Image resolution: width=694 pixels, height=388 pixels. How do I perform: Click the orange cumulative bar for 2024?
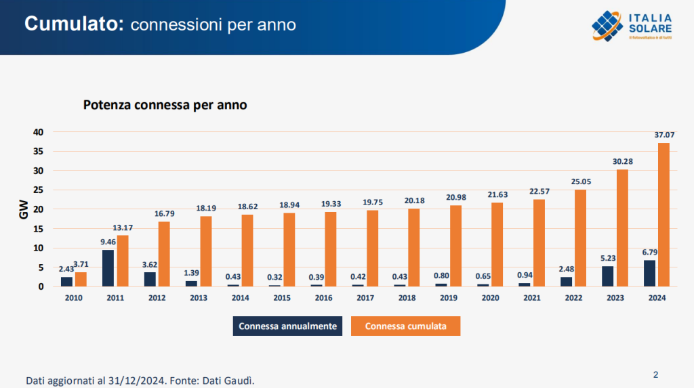664,214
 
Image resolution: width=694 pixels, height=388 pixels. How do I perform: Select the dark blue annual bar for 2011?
108,268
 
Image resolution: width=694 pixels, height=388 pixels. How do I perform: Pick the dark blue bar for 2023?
607,276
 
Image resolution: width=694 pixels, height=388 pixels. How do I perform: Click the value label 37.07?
664,135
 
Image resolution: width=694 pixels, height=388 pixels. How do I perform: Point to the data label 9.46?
108,242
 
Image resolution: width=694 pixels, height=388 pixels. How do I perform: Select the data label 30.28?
622,161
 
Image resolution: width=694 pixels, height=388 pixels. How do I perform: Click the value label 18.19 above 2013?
205,208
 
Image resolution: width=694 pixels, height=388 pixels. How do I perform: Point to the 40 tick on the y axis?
39,132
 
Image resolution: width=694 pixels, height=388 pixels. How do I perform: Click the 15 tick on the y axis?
39,229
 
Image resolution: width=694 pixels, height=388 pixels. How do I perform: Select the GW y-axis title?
23,209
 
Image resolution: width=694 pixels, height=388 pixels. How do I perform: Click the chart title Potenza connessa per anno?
165,106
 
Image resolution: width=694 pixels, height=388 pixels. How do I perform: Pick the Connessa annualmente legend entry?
288,326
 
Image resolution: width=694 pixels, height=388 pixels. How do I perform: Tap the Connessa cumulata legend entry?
405,326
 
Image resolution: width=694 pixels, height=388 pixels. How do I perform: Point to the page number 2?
655,374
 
